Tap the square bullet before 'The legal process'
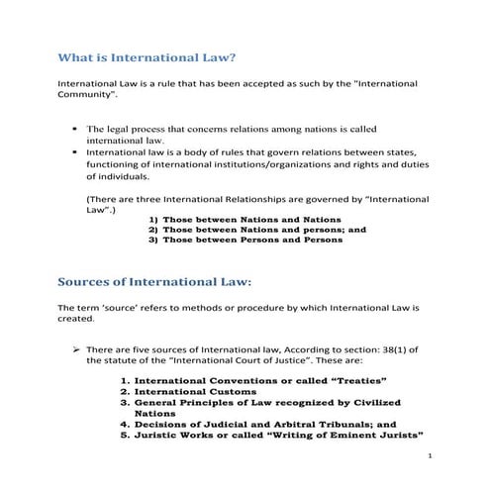[x=76, y=129]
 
